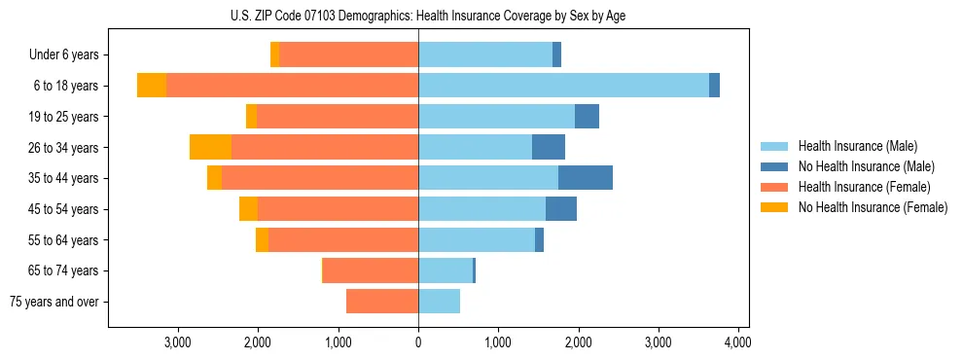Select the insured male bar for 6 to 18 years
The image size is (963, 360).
coord(563,86)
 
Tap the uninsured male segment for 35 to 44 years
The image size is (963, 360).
coord(585,178)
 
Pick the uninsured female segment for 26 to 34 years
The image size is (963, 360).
coord(210,147)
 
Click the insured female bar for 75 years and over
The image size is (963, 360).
coord(382,302)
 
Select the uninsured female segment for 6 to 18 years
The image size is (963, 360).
coord(152,86)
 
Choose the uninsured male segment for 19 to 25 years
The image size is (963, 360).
coord(587,117)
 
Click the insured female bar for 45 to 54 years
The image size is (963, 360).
coord(338,209)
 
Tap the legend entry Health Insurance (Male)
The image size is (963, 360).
coord(857,146)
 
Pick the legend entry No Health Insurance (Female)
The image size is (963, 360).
coord(873,207)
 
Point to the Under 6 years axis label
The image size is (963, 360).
coord(63,55)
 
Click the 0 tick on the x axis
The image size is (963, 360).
coord(418,342)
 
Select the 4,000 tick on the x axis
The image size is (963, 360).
coord(737,342)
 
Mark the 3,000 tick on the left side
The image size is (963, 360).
coord(178,342)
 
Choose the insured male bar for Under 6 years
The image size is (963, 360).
coord(485,55)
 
